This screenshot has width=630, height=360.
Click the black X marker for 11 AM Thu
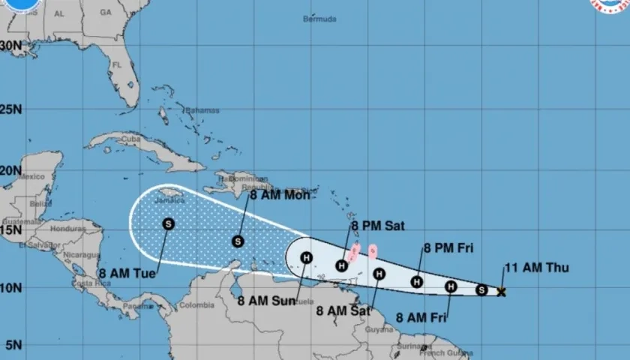click(x=501, y=292)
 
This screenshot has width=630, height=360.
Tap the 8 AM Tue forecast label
click(x=127, y=274)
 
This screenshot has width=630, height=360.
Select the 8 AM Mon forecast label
click(x=279, y=195)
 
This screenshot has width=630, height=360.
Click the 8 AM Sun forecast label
click(x=266, y=301)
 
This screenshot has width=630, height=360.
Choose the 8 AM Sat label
click(x=343, y=310)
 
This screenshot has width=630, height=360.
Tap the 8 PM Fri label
click(x=448, y=248)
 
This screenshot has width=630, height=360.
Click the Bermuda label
click(x=319, y=19)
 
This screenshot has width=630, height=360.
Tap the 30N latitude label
click(x=10, y=45)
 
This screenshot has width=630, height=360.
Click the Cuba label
click(x=132, y=139)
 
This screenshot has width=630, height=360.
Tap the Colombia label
click(x=196, y=304)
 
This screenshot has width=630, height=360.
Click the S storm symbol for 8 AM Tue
click(x=168, y=223)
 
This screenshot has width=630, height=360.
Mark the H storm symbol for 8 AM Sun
click(x=306, y=258)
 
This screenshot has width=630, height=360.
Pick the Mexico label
click(x=32, y=177)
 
